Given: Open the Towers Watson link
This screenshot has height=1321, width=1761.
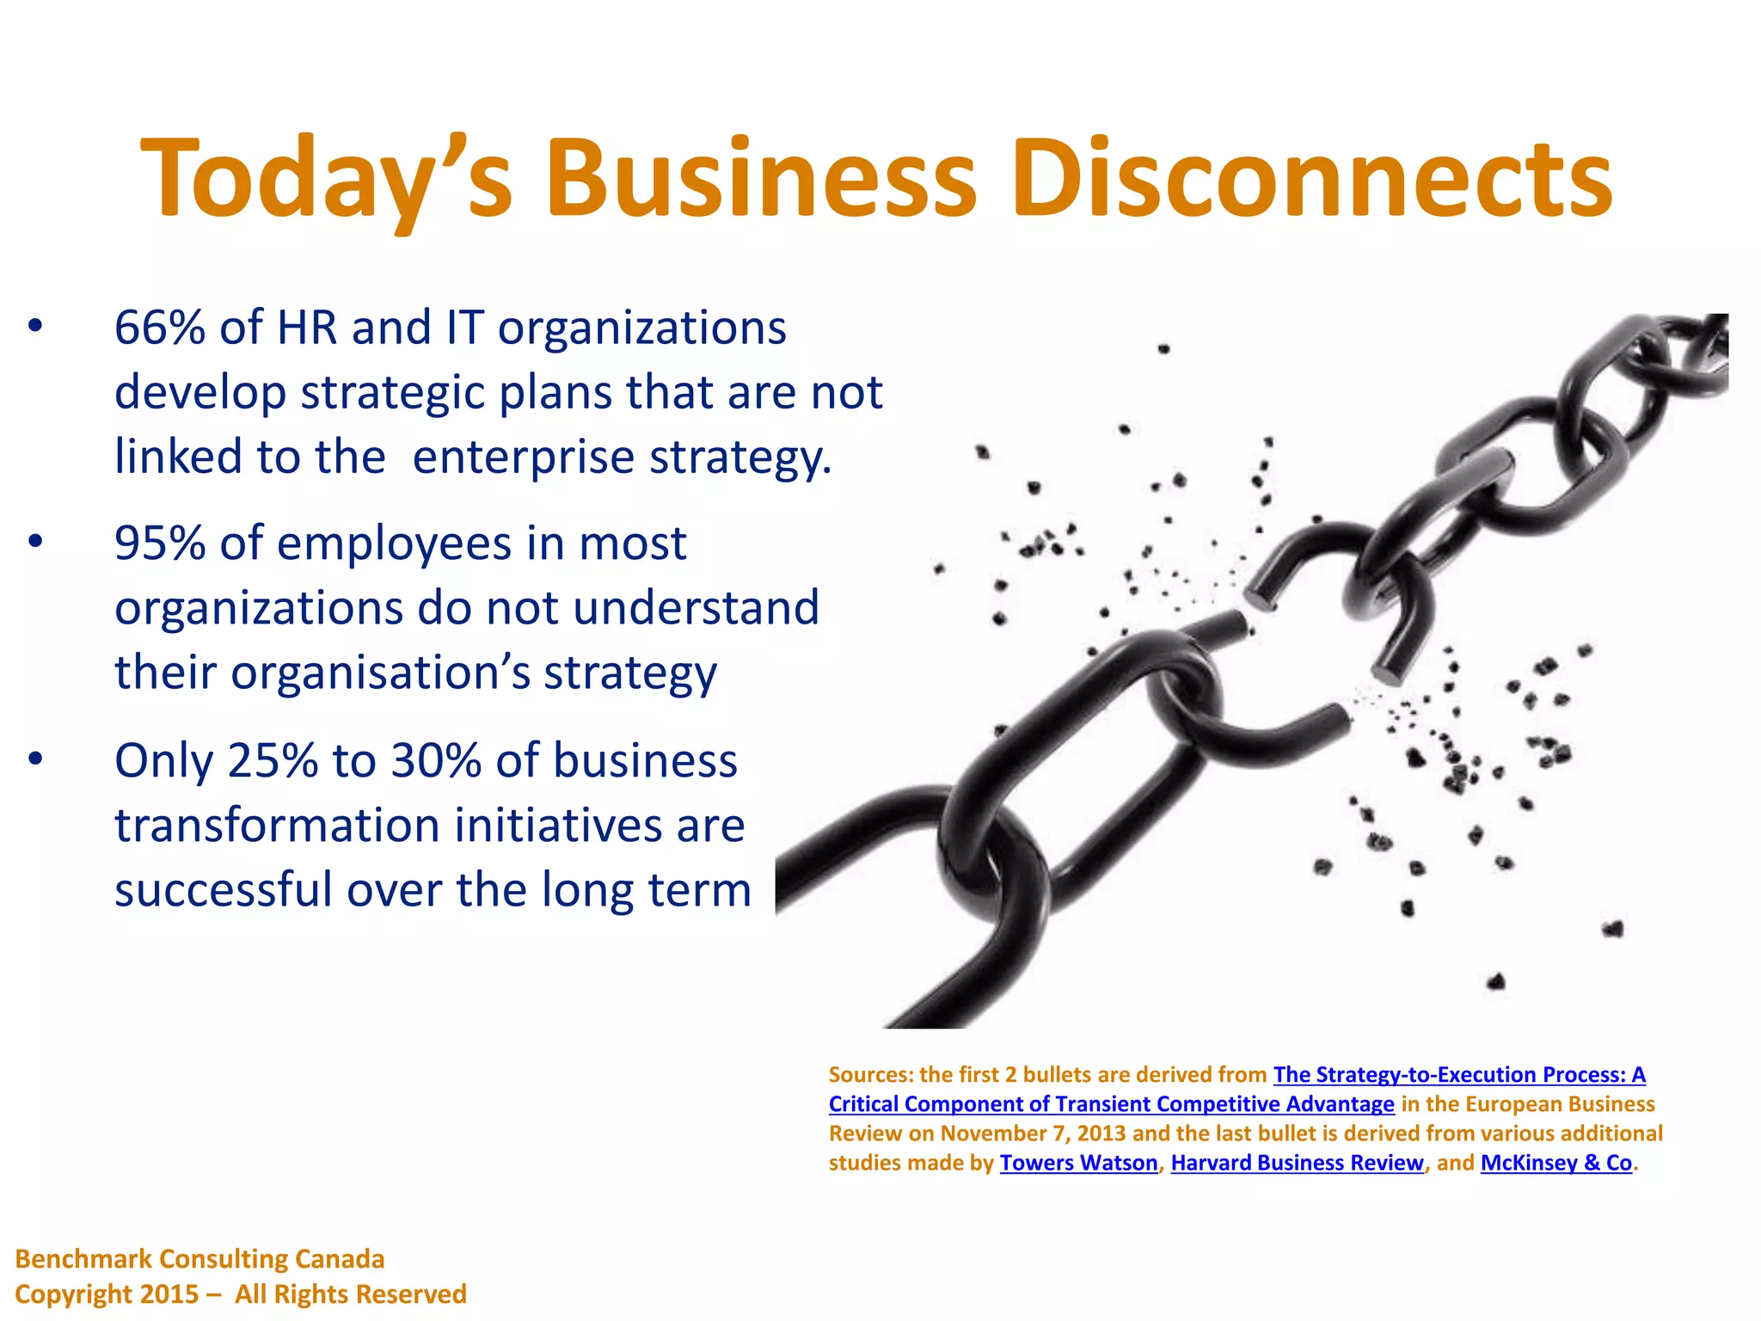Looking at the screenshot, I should tap(1078, 1163).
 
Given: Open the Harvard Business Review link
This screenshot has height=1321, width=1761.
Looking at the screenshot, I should tap(1297, 1163).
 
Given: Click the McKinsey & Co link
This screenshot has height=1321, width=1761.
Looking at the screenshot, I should tap(1555, 1163).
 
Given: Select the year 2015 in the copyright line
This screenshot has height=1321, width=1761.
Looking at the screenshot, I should tap(170, 1294).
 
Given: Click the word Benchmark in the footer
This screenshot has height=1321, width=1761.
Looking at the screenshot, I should tap(83, 1259).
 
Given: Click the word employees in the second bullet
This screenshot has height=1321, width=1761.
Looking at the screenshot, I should tap(395, 544).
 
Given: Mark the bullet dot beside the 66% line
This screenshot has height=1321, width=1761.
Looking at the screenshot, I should tap(35, 328).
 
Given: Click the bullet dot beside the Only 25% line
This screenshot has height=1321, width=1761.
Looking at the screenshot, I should tap(35, 761).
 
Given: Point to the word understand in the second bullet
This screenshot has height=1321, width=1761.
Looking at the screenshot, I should tap(696, 608).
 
